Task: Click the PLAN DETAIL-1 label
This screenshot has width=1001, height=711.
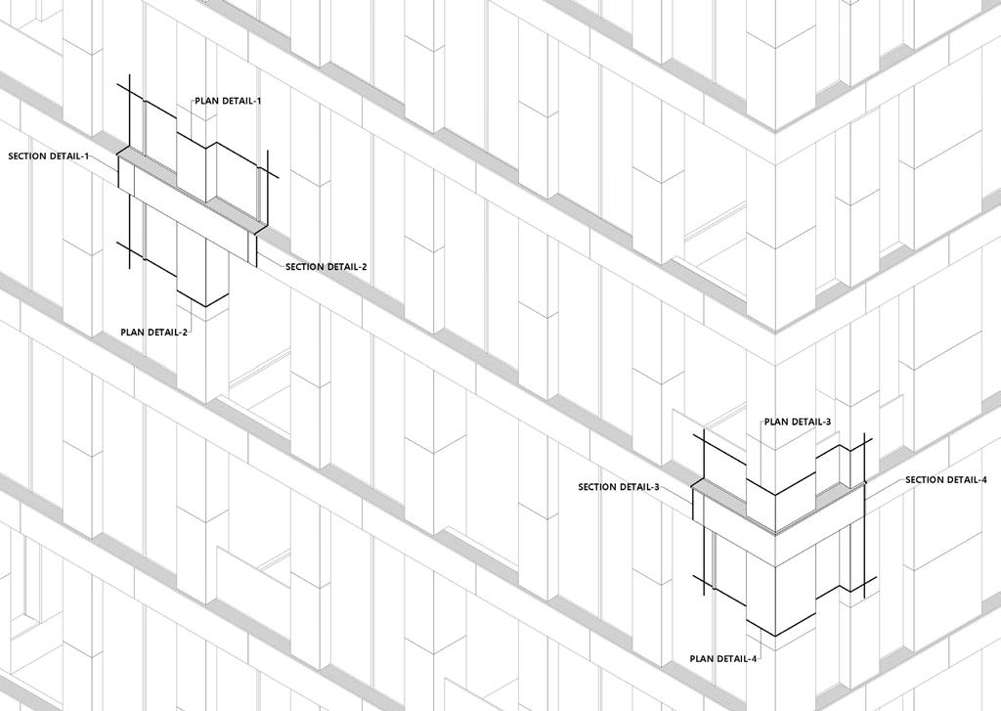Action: [228, 101]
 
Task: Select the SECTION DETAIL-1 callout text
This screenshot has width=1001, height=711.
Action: [49, 156]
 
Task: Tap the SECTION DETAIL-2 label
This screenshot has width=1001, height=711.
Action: [326, 267]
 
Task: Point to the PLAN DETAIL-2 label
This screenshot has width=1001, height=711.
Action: [154, 333]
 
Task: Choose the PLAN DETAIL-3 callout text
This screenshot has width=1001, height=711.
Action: [798, 422]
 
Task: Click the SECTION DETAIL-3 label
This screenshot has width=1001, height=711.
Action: [619, 487]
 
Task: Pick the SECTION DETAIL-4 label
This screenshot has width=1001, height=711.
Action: [946, 480]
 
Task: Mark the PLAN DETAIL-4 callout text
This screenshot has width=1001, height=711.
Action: [723, 659]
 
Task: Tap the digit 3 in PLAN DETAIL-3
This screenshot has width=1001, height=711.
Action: [828, 422]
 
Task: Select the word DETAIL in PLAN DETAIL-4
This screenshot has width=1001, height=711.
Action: [732, 659]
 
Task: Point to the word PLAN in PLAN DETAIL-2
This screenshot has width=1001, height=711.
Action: [133, 333]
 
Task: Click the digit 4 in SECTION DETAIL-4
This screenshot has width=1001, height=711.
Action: [983, 480]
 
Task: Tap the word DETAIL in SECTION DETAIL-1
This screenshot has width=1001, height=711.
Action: [66, 156]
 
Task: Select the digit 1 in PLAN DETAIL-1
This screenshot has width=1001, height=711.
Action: [258, 101]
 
